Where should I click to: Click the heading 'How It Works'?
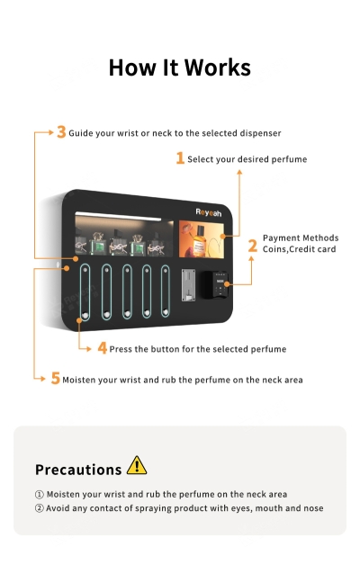tap(180, 67)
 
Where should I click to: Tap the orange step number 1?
tap(180, 158)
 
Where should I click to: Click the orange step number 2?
tap(253, 244)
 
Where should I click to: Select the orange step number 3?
tap(61, 132)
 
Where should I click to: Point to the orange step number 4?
tap(102, 348)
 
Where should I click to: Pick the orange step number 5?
tap(55, 379)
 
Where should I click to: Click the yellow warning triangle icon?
tap(136, 465)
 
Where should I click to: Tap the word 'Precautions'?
tap(78, 470)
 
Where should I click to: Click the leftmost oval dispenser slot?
tap(85, 291)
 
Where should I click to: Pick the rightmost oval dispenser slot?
tap(165, 291)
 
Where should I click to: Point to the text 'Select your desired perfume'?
tap(247, 159)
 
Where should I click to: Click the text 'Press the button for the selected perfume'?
tap(198, 349)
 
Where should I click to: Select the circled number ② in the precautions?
tap(39, 508)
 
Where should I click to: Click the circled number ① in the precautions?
tap(39, 494)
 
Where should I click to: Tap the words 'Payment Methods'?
tap(301, 238)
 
